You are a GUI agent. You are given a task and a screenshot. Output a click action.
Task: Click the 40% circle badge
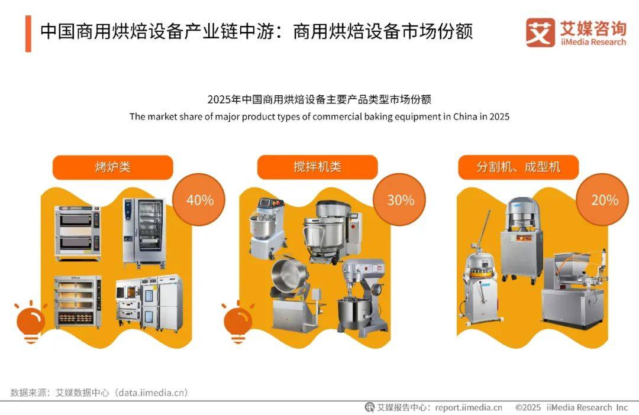199,200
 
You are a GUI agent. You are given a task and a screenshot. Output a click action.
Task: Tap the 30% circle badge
400,200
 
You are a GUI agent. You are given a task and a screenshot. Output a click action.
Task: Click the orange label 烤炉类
113,167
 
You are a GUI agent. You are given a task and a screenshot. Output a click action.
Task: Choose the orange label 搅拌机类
318,167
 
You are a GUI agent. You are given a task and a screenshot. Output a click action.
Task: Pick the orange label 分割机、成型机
518,167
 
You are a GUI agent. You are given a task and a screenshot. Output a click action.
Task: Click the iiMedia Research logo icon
540,32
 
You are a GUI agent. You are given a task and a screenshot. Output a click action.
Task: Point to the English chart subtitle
319,116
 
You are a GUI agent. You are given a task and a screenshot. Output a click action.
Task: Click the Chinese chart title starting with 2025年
319,99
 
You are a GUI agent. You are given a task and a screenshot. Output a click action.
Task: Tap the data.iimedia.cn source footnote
99,393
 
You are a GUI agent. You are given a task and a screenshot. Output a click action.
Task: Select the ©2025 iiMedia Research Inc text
572,407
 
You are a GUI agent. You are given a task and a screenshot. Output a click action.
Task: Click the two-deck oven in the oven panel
78,232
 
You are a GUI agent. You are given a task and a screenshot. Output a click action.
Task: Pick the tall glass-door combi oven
144,233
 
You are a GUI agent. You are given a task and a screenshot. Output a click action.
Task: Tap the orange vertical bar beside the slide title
28,34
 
